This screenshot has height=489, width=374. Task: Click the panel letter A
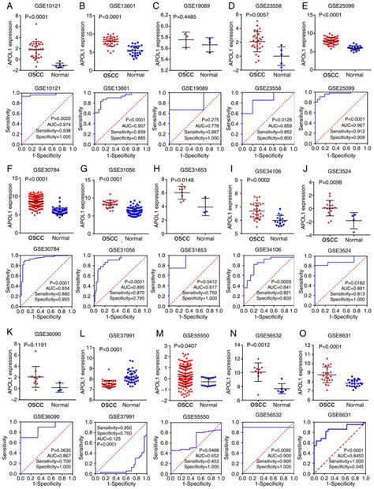coord(6,6)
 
